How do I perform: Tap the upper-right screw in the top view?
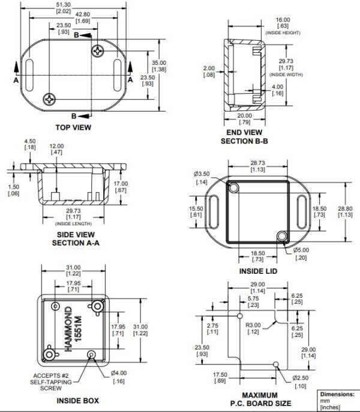(99, 52)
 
